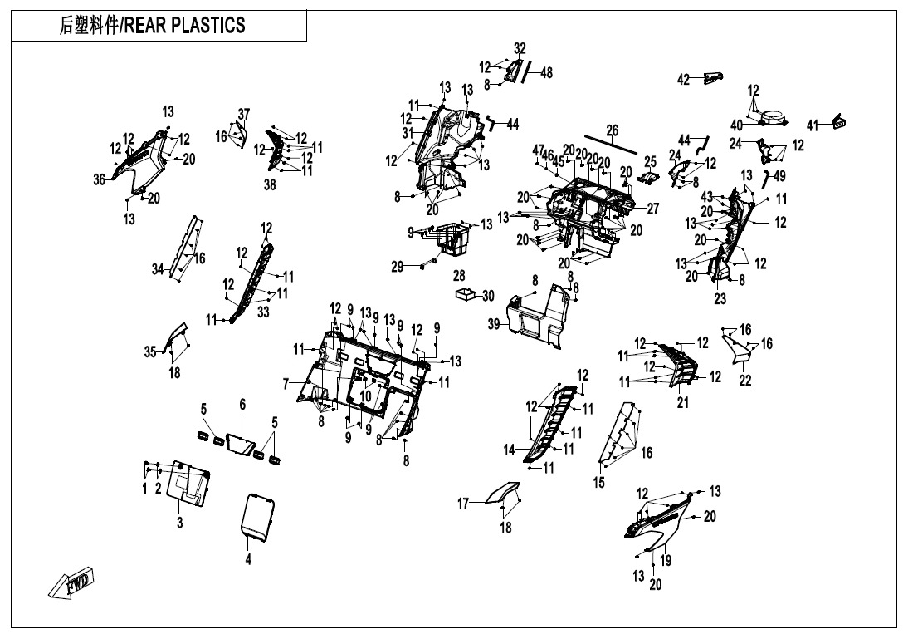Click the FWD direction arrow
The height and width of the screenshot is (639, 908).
(71, 582)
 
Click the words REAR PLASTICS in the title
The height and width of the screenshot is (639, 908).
(185, 26)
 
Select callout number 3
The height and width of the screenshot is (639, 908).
(179, 523)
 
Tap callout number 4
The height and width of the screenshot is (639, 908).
(248, 559)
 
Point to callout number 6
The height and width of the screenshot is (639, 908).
(242, 405)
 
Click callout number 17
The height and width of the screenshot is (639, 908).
(463, 504)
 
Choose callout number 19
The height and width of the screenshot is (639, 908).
(666, 560)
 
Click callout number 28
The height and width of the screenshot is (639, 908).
(459, 275)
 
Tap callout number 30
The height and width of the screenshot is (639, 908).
(488, 297)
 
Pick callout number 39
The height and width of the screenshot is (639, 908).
(493, 324)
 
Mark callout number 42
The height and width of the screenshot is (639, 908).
(684, 80)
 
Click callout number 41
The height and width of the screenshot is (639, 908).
(813, 125)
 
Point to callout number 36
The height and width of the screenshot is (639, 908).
(100, 179)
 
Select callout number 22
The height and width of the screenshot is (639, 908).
(745, 381)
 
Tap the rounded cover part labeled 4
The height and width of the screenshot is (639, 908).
(257, 517)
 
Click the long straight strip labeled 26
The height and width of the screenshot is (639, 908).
(611, 145)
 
